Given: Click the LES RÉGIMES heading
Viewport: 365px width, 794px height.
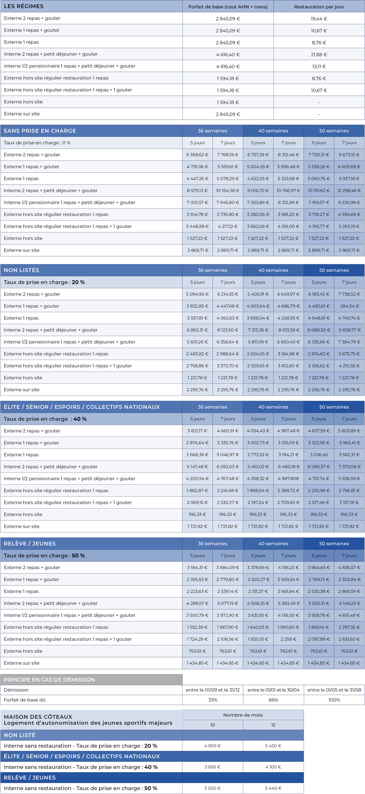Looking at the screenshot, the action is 24,6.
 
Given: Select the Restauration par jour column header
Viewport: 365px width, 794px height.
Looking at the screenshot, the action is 319,7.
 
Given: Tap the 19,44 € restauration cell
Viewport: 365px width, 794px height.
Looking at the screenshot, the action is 319,19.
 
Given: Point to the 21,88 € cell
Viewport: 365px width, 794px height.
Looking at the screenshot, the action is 319,54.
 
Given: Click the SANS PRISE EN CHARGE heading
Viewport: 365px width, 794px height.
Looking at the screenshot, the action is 40,131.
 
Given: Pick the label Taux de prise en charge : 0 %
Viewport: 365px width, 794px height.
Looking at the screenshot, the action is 37,143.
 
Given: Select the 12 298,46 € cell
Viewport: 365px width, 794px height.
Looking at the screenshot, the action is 349,190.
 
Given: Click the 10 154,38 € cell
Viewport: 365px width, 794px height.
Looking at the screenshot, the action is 228,190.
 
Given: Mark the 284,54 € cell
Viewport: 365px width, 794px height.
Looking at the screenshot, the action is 349,306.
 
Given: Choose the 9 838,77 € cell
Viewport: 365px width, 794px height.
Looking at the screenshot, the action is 349,330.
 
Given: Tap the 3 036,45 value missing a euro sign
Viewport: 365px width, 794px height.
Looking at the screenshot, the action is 319,455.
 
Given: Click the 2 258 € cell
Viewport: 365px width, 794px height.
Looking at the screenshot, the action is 288,639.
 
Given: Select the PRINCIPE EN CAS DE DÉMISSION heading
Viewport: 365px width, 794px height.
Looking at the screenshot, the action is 49,680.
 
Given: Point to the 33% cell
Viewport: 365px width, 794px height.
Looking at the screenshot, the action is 212,700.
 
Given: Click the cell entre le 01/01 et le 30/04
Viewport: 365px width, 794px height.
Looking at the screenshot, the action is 273,690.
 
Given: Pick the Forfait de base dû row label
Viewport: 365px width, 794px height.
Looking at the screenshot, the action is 25,700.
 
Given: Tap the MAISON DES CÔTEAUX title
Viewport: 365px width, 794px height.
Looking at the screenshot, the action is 38,717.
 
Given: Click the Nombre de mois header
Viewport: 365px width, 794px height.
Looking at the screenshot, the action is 243,715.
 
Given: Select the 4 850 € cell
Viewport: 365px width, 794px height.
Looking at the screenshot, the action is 212,746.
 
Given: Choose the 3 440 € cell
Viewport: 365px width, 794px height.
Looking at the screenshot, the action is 273,788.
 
